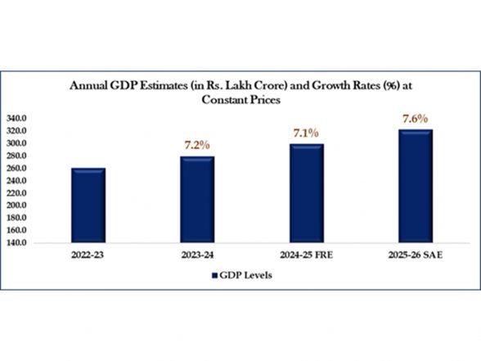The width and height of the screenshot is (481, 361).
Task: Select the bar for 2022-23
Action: click(x=88, y=205)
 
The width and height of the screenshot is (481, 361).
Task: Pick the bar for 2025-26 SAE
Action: click(x=415, y=186)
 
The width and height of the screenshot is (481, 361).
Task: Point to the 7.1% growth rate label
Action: click(x=306, y=131)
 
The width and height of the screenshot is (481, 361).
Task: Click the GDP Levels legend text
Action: click(x=249, y=274)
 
